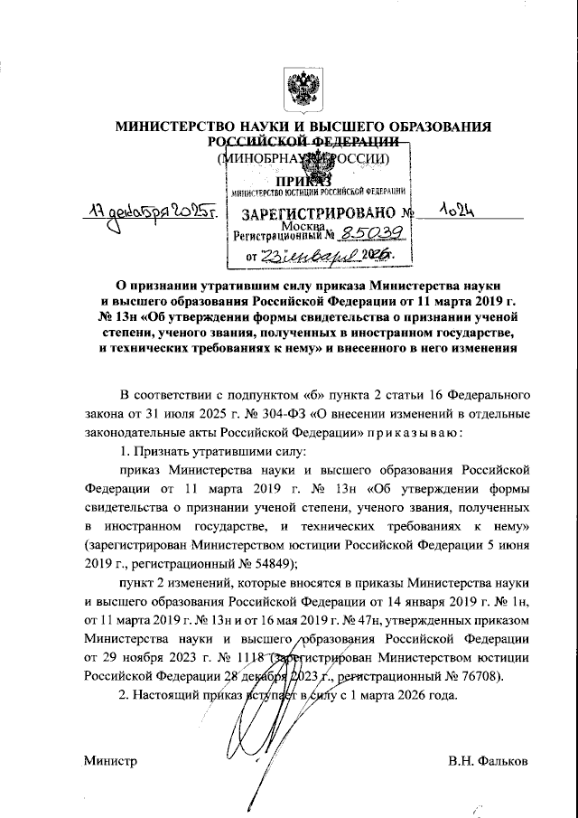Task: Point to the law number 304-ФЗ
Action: [297, 414]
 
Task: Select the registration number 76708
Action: [477, 674]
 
